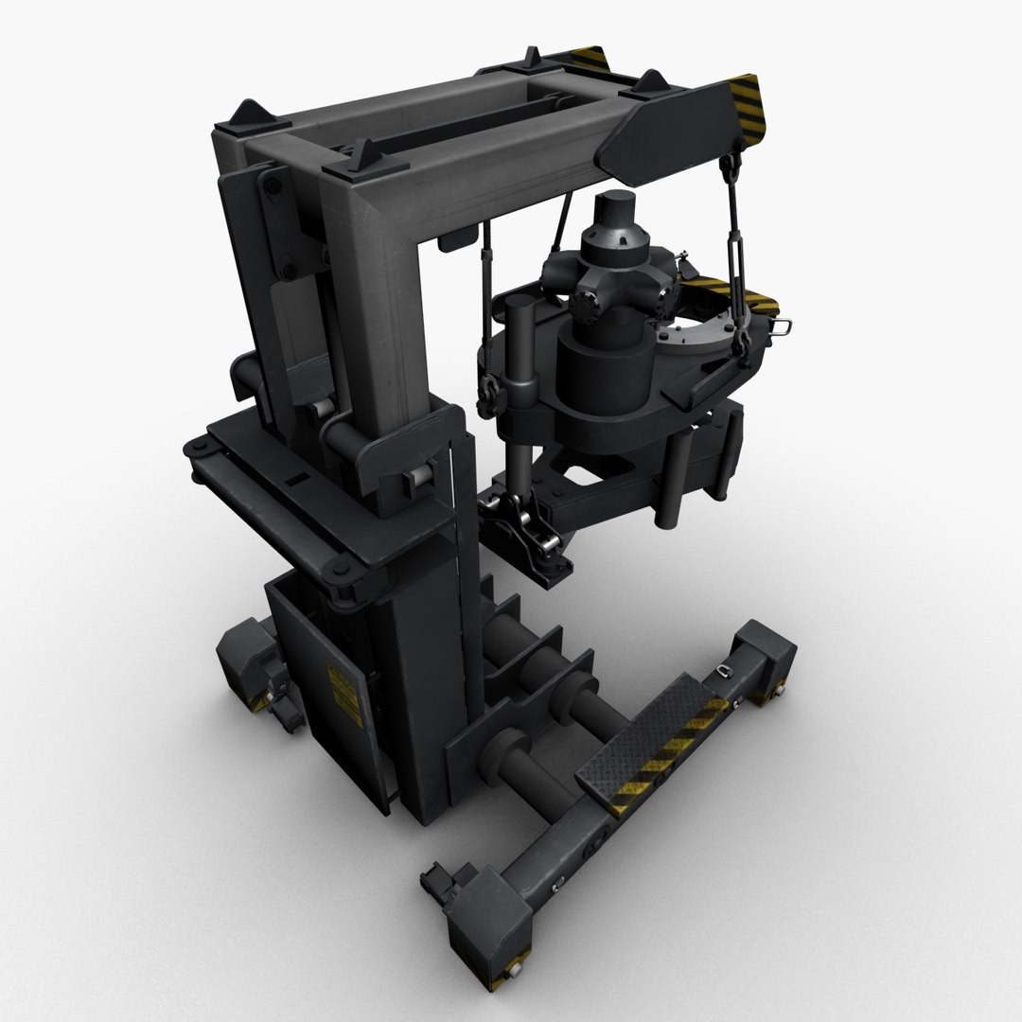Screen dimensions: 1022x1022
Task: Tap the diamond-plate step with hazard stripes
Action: click(653, 742)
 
